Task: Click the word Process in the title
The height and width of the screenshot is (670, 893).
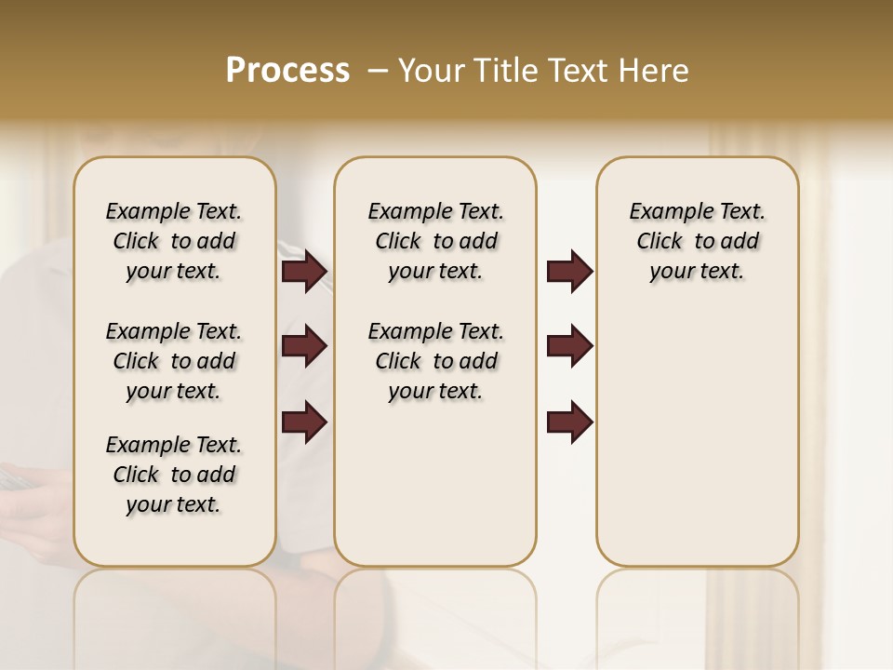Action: click(287, 71)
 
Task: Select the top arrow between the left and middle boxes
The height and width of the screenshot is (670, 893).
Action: click(304, 272)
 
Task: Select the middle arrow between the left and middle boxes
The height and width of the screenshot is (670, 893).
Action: click(304, 346)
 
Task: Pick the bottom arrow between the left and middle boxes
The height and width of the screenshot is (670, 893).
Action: click(304, 422)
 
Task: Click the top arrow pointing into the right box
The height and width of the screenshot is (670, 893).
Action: click(569, 272)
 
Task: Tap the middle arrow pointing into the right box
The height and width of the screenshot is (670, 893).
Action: click(569, 346)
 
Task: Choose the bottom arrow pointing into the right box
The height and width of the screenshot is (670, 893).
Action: click(569, 422)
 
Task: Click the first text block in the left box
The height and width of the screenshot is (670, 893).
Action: click(174, 241)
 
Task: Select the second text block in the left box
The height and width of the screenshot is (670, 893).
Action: click(174, 361)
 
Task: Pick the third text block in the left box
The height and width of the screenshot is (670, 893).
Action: click(174, 475)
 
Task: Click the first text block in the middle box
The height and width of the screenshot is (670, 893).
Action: click(435, 241)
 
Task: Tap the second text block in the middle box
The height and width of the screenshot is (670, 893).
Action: click(435, 361)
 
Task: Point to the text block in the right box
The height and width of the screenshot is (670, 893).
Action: click(697, 241)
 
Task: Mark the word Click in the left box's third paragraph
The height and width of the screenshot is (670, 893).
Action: click(136, 476)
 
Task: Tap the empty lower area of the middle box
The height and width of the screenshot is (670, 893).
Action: click(435, 484)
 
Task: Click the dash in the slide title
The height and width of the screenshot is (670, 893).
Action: click(378, 71)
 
